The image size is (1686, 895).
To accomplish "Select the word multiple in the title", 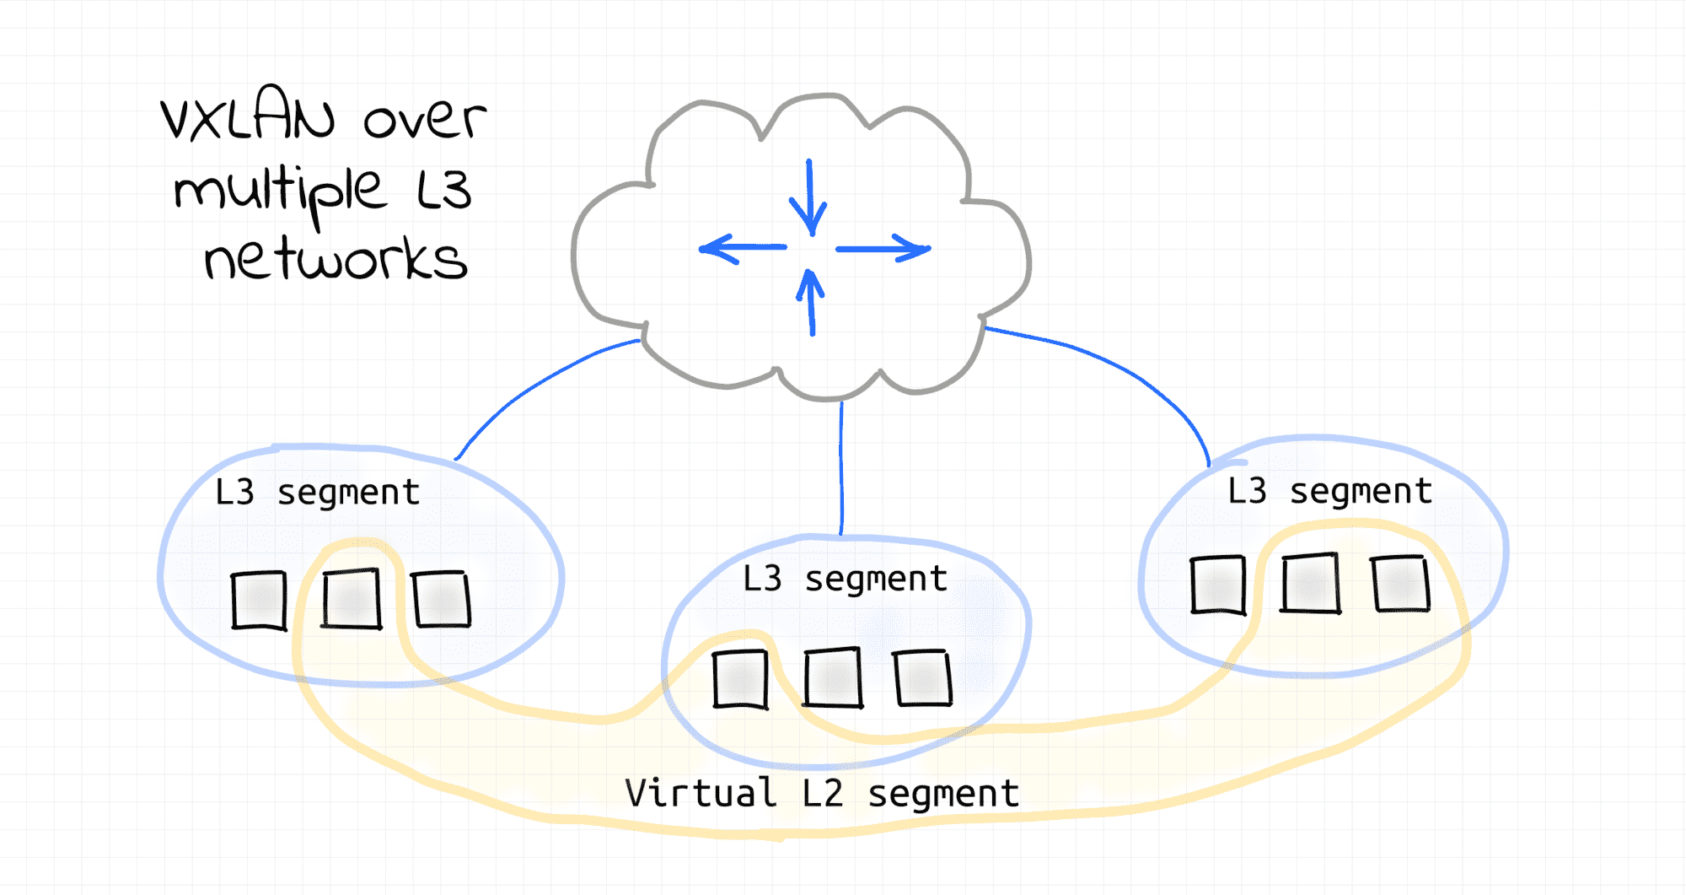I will [x=281, y=190].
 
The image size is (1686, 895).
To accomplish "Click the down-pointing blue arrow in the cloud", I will [x=809, y=197].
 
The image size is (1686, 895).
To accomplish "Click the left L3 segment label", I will [x=317, y=493].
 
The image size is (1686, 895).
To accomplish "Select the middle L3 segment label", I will [x=845, y=580].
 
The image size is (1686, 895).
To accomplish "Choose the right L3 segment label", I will [x=1329, y=491].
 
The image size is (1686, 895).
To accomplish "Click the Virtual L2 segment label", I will [x=822, y=794].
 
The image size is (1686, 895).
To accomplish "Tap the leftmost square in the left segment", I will [x=259, y=600].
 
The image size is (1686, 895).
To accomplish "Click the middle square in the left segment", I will [x=352, y=598].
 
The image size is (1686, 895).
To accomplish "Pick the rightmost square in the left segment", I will [x=441, y=598].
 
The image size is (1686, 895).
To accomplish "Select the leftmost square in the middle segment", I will [x=740, y=678].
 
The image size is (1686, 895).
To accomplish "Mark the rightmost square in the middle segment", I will [x=923, y=677].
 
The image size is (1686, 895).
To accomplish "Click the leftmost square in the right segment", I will [x=1218, y=585].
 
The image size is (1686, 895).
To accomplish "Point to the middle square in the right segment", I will [x=1310, y=583].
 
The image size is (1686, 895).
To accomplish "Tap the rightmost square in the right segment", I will [x=1400, y=583].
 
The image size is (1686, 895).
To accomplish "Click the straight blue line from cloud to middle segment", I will [x=841, y=468].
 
